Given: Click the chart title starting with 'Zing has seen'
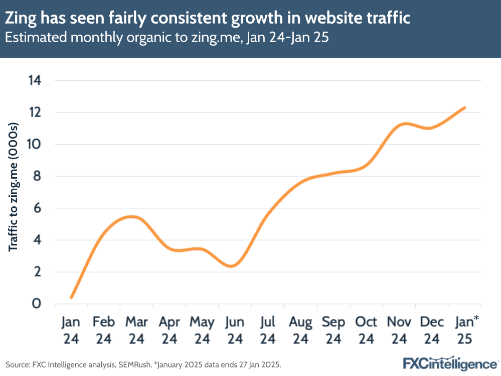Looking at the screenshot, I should [208, 18].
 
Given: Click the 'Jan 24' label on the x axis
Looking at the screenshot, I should [71, 330].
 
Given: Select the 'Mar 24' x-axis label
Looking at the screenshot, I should [136, 330].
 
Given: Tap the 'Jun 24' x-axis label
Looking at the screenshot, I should [235, 330].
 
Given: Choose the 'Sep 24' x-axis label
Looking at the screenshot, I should [333, 330].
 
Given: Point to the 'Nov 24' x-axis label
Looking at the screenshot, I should [399, 330].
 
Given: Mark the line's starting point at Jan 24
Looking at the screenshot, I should [71, 298].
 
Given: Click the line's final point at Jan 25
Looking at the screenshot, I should [465, 107].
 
